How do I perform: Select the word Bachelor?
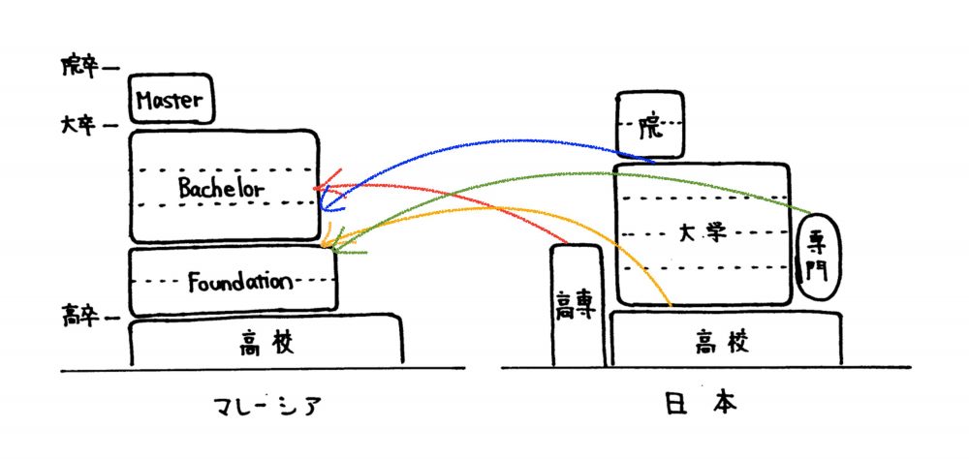221,188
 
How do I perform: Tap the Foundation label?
239,283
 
